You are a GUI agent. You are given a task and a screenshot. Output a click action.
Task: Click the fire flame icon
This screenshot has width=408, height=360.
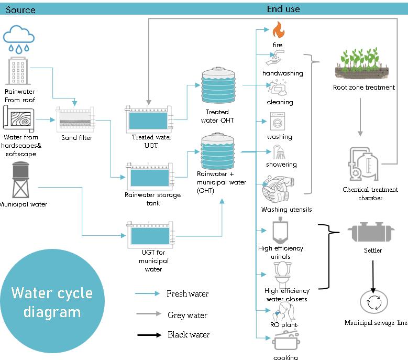(278, 30)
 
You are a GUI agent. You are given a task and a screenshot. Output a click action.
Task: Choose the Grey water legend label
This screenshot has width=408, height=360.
(187, 315)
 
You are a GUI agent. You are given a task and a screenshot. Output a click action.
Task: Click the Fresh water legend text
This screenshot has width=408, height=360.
(188, 294)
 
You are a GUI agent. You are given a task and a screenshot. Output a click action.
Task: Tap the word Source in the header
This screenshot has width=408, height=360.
(20, 9)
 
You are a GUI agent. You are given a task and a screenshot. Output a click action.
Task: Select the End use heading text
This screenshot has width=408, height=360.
(283, 9)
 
